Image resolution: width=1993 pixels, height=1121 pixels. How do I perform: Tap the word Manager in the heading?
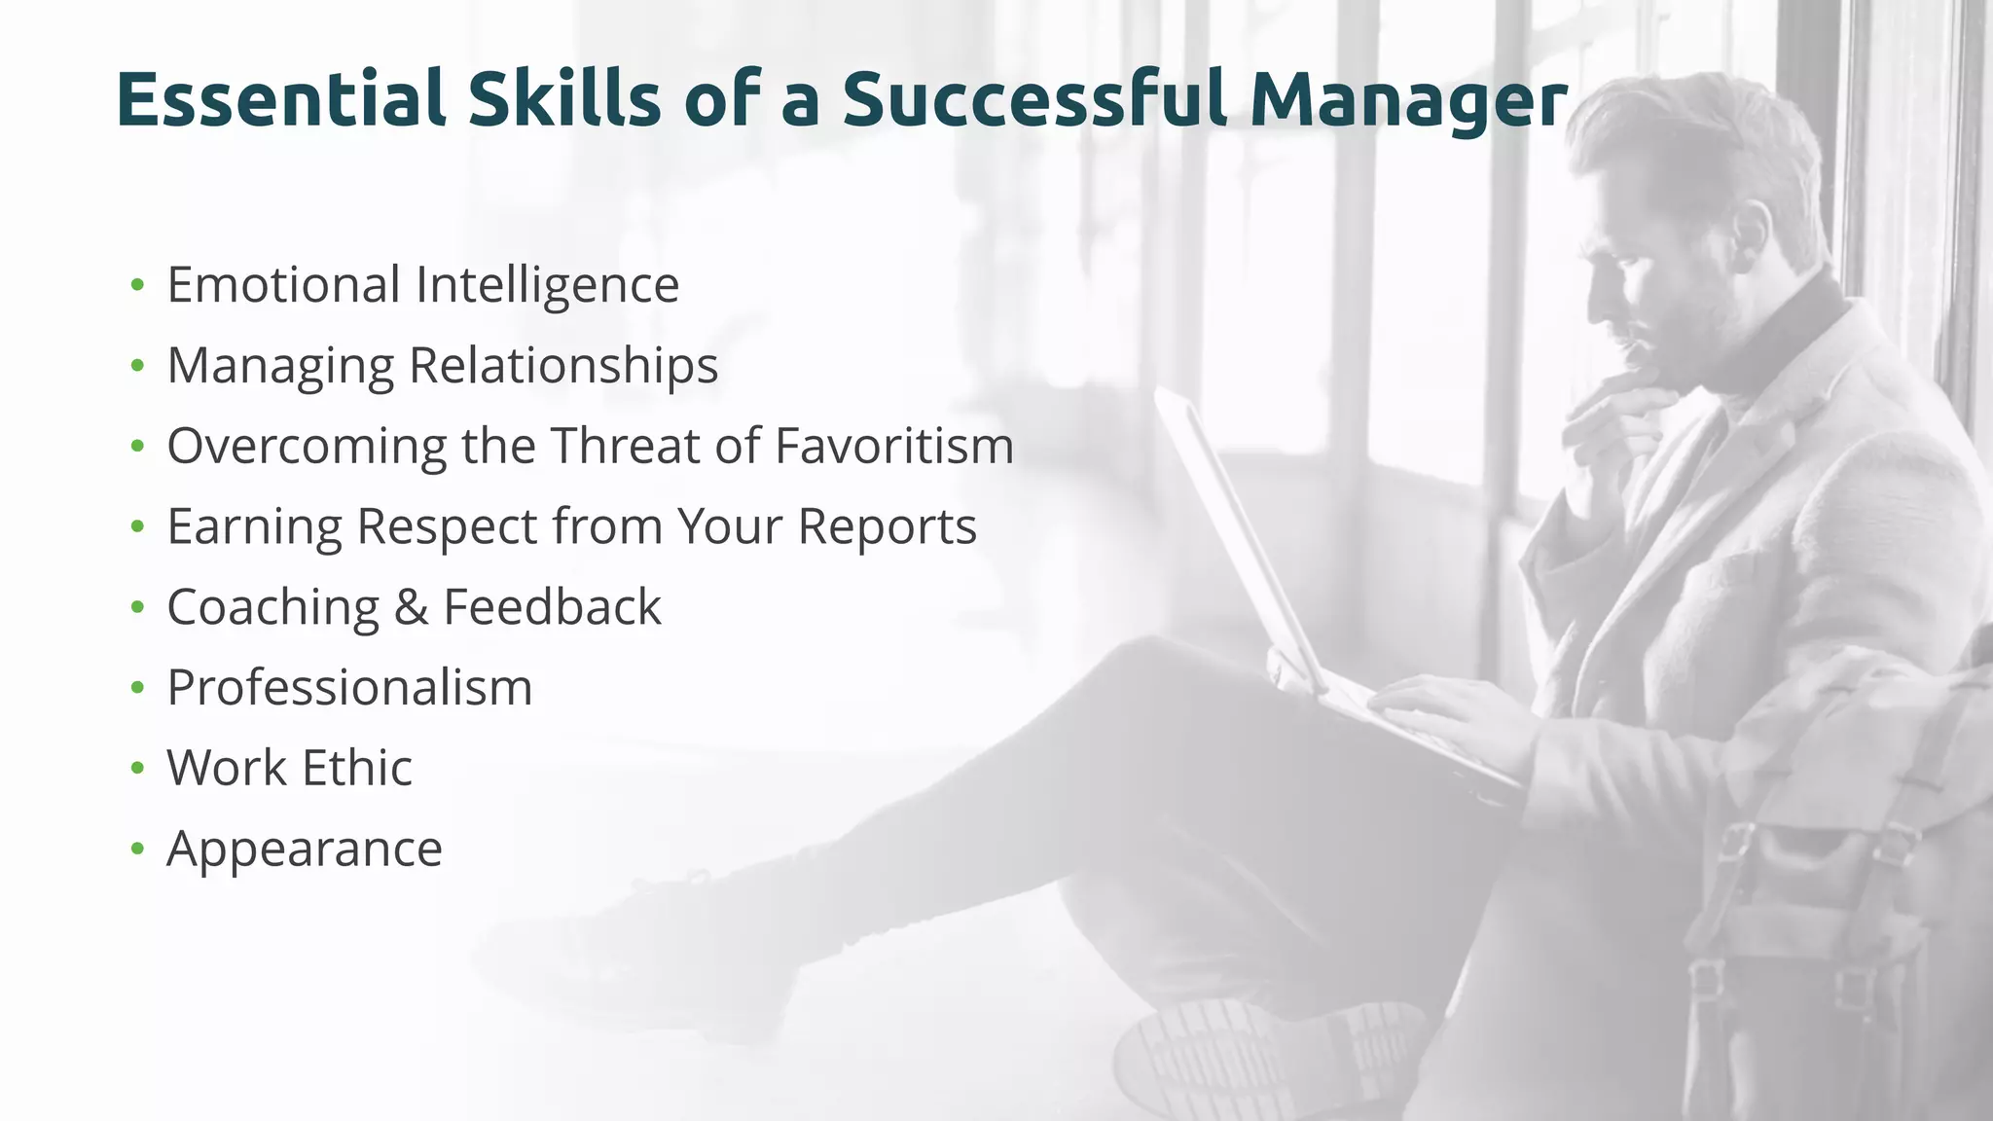coord(1408,101)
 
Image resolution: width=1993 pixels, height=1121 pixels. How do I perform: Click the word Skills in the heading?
coord(564,99)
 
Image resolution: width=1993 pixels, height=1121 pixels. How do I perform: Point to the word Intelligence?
coord(547,286)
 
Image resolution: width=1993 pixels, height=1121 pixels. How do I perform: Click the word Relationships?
coord(562,366)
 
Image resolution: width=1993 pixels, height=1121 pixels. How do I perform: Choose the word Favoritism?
coord(893,447)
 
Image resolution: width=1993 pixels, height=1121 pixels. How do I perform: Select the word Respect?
coord(447,527)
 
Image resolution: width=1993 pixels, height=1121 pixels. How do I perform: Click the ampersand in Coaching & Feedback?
coord(411,608)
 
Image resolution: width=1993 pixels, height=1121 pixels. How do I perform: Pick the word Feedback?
coord(552,608)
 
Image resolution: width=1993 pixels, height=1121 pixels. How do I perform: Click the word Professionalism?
coord(349,688)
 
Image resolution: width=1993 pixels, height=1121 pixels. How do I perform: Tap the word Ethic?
coord(357,769)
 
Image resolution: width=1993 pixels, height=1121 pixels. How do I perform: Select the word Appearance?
coord(305,850)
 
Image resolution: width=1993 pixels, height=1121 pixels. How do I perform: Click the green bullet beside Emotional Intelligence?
coord(137,285)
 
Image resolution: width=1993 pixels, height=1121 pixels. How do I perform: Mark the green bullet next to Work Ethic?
coord(137,769)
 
